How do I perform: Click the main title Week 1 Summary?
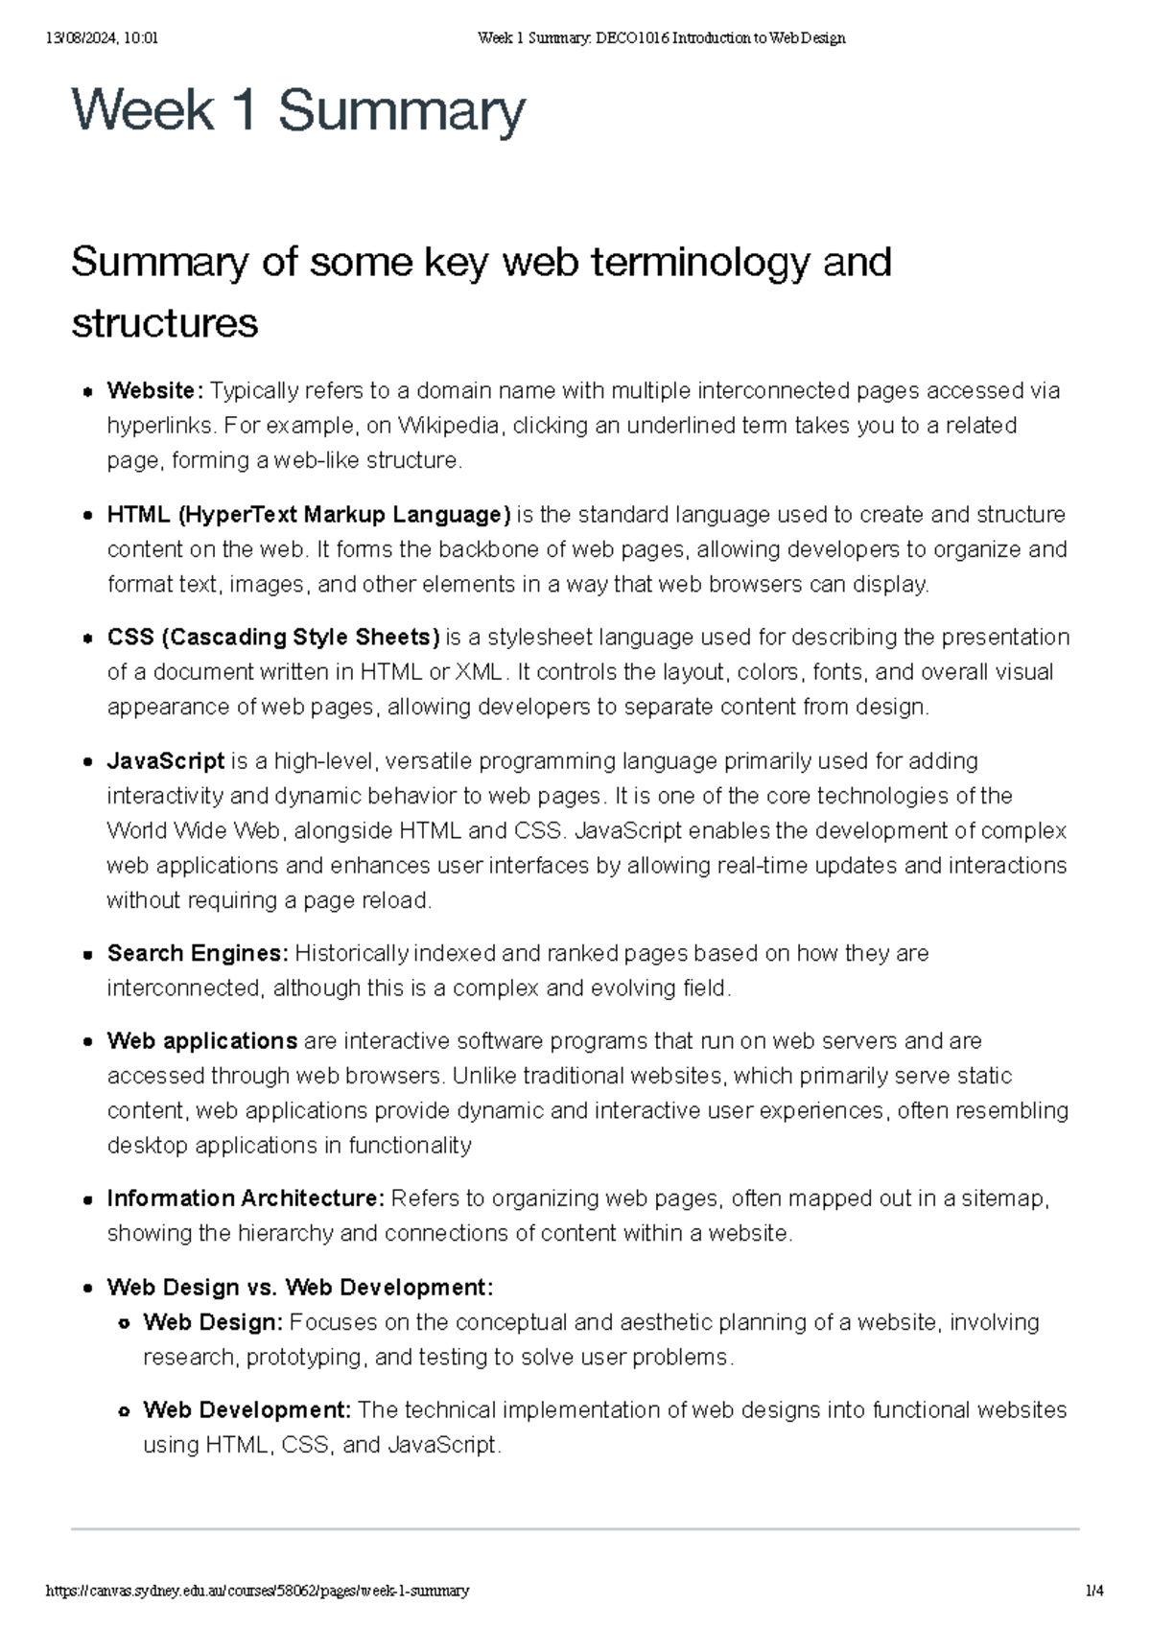point(298,110)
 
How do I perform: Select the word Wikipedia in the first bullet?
point(448,426)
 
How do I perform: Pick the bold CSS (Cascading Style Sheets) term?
point(273,638)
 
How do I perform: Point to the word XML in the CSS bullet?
point(478,672)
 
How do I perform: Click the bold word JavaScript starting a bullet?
point(165,761)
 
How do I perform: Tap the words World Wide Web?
point(192,830)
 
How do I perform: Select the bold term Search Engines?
point(198,953)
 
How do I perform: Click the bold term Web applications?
point(201,1041)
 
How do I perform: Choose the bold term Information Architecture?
point(246,1198)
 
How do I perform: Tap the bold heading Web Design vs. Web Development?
point(300,1287)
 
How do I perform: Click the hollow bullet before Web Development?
point(124,1411)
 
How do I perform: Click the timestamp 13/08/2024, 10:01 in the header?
point(102,38)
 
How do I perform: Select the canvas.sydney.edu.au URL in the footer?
point(258,1591)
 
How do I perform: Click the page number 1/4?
point(1093,1591)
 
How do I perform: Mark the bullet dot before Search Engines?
point(87,955)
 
